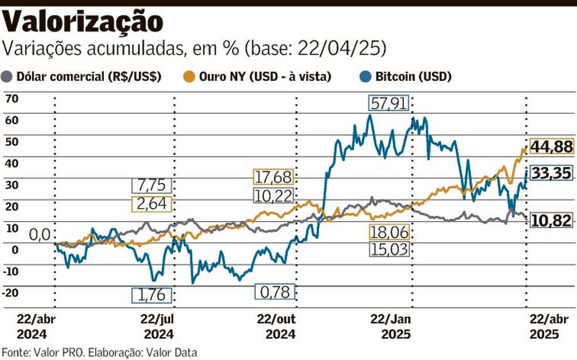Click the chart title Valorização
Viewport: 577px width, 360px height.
click(x=83, y=22)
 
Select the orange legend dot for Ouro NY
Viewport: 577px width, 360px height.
click(x=189, y=76)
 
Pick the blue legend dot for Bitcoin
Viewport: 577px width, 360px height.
click(x=364, y=76)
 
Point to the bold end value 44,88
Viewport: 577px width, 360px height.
click(x=551, y=147)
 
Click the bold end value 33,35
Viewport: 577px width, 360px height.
click(x=551, y=173)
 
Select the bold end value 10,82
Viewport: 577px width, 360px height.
click(x=551, y=220)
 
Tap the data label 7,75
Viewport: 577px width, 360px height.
click(x=151, y=185)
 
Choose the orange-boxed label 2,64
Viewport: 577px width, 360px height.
click(x=151, y=203)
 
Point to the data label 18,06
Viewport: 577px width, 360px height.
click(x=389, y=232)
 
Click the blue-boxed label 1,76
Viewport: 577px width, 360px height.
click(x=151, y=294)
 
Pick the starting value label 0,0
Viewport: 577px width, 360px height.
click(x=40, y=235)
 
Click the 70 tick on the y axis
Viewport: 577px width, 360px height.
click(x=12, y=99)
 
